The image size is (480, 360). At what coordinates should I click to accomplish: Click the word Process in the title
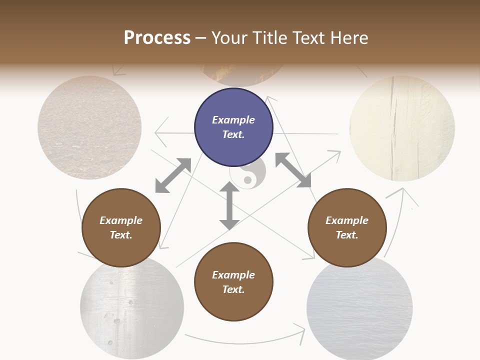click(157, 38)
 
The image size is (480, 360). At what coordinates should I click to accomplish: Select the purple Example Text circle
click(233, 127)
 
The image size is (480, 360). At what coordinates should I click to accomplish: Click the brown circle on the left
click(121, 227)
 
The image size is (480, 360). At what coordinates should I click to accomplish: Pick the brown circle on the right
click(346, 227)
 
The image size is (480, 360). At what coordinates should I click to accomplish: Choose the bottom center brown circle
click(233, 282)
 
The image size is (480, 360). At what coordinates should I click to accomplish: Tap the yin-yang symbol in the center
click(247, 173)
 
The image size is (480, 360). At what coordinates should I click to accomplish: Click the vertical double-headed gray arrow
click(229, 205)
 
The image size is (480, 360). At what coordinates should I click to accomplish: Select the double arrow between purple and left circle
click(173, 175)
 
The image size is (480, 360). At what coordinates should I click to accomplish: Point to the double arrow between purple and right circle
click(293, 170)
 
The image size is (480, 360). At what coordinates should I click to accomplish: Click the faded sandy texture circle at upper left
click(89, 127)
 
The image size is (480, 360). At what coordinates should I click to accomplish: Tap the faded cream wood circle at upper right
click(402, 128)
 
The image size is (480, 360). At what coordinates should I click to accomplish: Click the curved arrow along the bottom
click(245, 340)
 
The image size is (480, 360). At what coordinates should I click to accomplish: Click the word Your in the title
click(232, 38)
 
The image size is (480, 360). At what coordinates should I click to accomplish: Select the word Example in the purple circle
click(233, 120)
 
